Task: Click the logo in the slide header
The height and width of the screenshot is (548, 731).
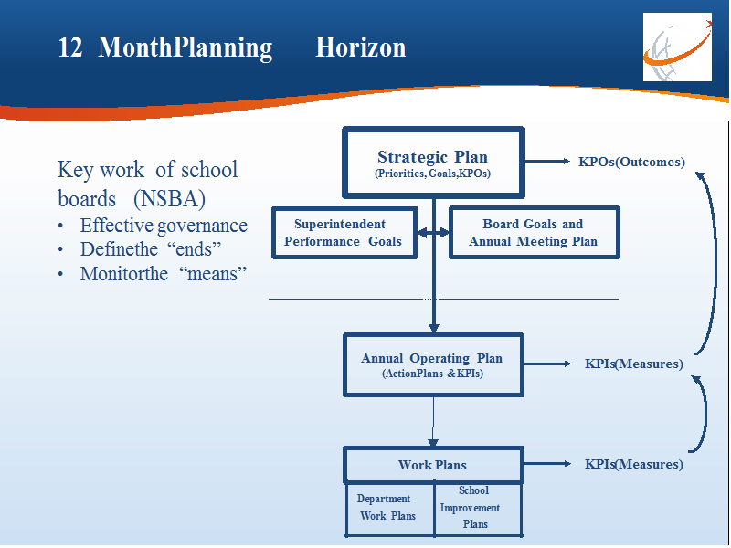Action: [x=677, y=47]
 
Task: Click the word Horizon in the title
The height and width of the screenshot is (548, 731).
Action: [x=360, y=47]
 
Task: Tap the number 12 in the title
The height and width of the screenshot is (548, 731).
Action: [x=70, y=47]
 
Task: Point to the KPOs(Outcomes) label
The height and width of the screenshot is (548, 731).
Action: [x=631, y=162]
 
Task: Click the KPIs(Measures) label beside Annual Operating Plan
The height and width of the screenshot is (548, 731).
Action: [x=634, y=364]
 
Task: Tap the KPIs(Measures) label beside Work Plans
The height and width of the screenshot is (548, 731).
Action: [x=634, y=464]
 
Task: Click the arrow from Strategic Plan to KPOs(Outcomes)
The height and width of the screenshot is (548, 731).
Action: [x=547, y=162]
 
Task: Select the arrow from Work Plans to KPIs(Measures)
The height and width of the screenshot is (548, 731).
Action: [x=547, y=464]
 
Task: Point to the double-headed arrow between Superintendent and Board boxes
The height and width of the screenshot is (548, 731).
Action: [x=433, y=233]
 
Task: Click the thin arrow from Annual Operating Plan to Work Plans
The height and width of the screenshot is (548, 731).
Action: [x=433, y=422]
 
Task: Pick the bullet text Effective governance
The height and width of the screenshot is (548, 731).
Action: [x=164, y=226]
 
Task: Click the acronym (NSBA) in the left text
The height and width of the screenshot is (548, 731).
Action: [x=169, y=199]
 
